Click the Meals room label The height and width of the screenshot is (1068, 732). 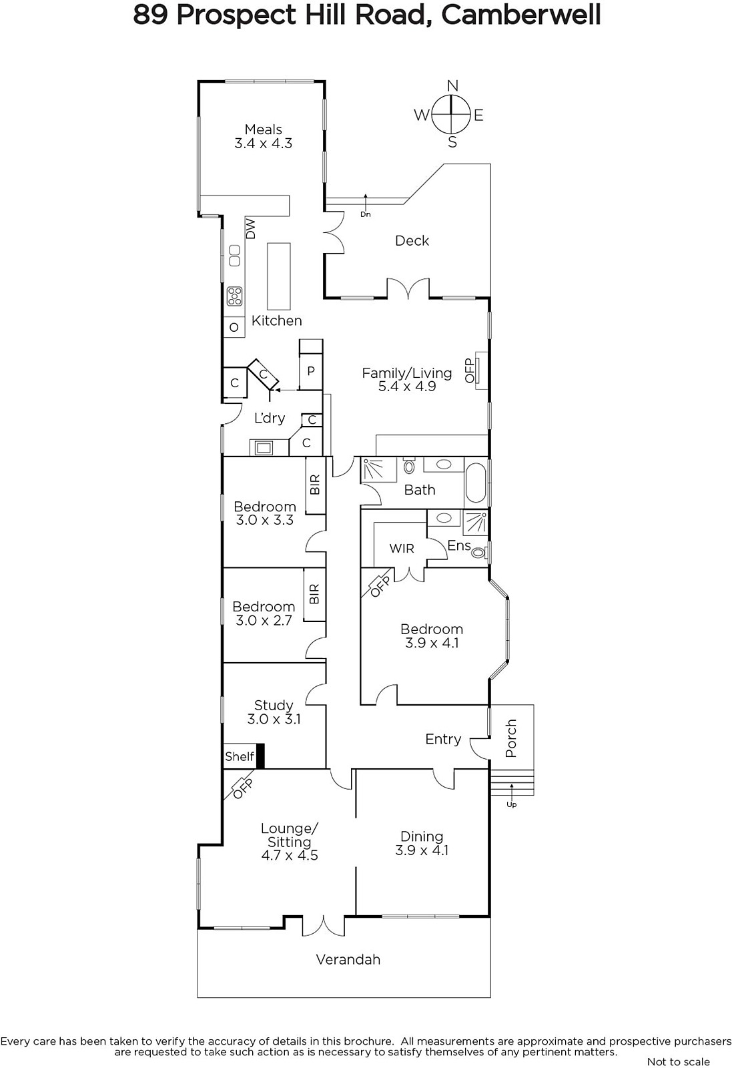click(x=263, y=129)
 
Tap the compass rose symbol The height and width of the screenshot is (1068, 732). click(x=451, y=114)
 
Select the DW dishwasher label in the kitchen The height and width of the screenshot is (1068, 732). click(x=251, y=229)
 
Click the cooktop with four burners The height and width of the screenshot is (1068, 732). click(x=234, y=296)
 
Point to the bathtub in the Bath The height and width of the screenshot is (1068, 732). click(x=475, y=483)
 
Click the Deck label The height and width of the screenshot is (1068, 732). click(x=412, y=241)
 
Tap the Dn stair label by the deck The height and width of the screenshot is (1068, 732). click(x=366, y=214)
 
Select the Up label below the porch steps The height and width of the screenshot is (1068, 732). click(x=511, y=804)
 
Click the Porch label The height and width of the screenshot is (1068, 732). click(x=511, y=738)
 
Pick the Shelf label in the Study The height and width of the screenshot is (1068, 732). click(x=240, y=756)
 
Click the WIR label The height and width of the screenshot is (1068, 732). click(x=402, y=548)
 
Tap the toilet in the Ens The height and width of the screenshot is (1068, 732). click(x=479, y=553)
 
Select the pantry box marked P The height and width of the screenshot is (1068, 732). click(x=311, y=371)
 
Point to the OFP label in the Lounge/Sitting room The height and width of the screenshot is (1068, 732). click(x=242, y=788)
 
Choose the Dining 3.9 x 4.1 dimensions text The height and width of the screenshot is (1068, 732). click(x=422, y=850)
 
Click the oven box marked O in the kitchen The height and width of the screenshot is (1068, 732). click(x=234, y=328)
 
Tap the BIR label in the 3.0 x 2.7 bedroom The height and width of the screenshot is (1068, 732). click(x=314, y=594)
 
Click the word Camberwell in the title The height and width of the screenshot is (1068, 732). click(x=521, y=15)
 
